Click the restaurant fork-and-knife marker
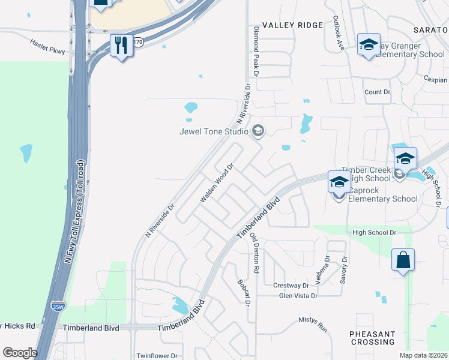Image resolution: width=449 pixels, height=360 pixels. coord(121,45)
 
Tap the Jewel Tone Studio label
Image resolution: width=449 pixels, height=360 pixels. coord(214,131)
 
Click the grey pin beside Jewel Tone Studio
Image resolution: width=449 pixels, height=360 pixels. coord(258,131)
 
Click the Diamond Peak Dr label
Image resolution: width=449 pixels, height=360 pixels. coord(255,52)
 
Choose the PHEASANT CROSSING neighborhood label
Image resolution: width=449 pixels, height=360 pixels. coord(373,338)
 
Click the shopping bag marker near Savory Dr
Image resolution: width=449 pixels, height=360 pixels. coord(403,260)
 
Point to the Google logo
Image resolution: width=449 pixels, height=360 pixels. coord(20,353)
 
